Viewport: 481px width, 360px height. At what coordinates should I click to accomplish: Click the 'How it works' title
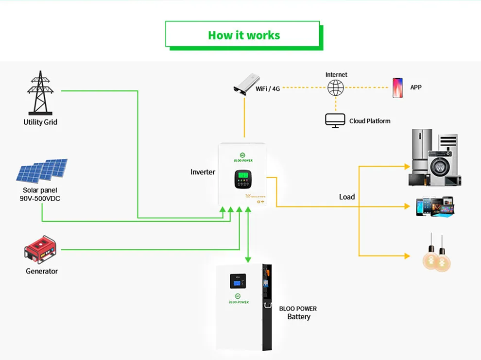pos(243,35)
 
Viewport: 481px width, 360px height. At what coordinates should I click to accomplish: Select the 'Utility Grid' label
pos(40,122)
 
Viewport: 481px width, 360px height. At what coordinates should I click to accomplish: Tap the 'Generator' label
pos(42,271)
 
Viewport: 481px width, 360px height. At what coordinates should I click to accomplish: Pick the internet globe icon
pos(335,88)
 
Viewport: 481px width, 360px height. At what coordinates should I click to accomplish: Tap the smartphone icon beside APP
pos(397,88)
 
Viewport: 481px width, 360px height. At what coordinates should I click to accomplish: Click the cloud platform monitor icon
pos(335,120)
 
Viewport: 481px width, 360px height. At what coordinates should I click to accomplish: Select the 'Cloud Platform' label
pos(370,121)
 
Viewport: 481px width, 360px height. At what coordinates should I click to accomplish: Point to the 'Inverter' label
pos(203,172)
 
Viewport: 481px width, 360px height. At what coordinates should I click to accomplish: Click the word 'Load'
pos(347,197)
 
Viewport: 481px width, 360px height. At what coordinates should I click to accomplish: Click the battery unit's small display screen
pos(238,281)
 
